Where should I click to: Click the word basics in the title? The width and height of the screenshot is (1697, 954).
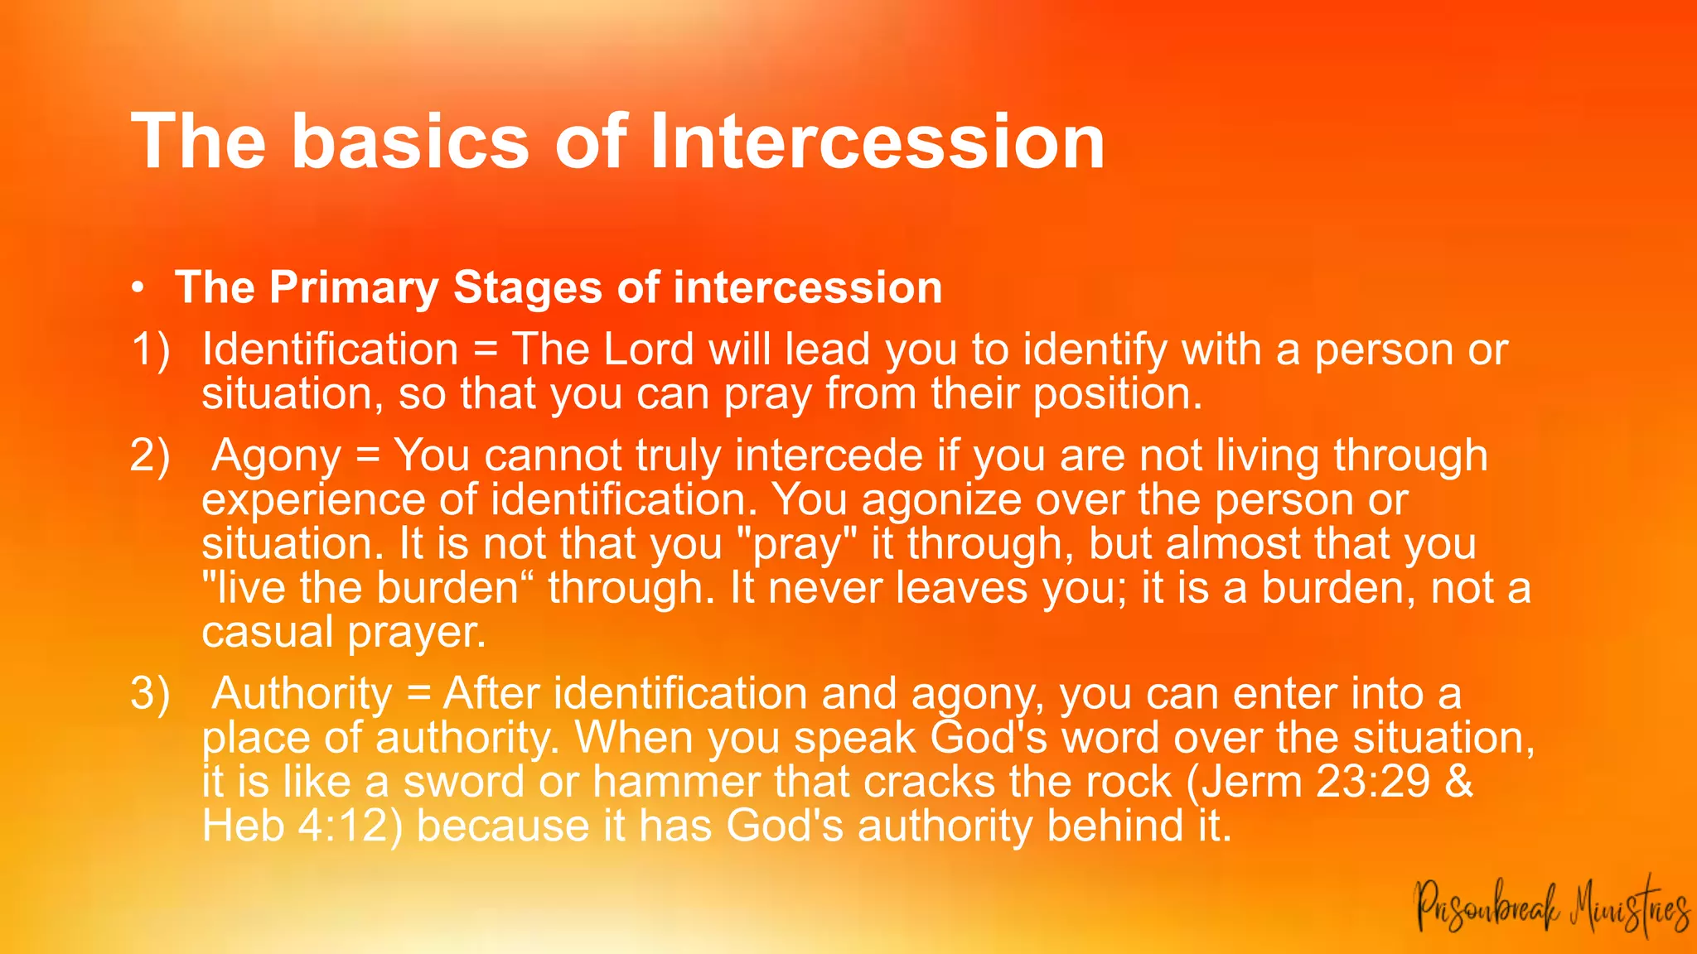point(410,142)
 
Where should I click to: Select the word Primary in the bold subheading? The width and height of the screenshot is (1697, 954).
point(354,288)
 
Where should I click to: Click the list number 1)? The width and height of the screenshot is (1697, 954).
point(150,349)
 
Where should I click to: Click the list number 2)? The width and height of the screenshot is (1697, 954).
point(150,455)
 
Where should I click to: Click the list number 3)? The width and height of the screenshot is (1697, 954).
point(150,693)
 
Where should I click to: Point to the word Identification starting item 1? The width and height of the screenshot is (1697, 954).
point(330,349)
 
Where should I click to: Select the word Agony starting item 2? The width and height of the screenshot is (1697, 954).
point(276,456)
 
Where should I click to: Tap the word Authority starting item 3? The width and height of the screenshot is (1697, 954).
point(302,694)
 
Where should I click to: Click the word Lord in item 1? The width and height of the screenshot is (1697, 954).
point(649,349)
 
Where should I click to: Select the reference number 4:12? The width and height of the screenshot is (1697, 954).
point(344,826)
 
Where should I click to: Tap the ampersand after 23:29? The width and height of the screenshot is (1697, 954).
point(1459,782)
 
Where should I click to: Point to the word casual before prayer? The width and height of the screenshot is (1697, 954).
point(267,632)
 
